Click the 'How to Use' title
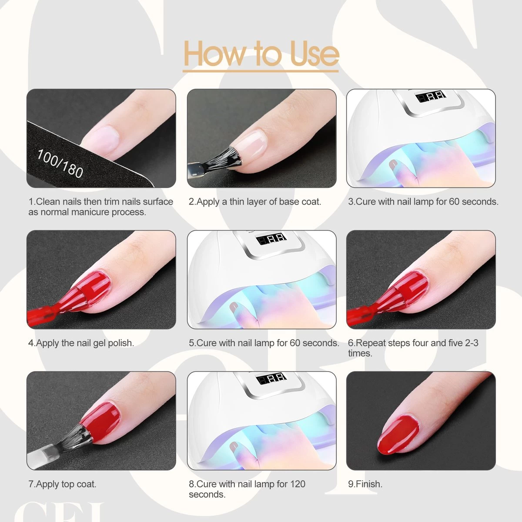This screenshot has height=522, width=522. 261,54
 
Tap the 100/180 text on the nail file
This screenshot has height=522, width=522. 60,164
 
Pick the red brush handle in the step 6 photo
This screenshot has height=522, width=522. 359,314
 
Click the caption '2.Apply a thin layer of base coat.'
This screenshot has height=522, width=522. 255,202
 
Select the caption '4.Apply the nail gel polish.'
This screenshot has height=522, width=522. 81,343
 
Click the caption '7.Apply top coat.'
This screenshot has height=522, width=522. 62,484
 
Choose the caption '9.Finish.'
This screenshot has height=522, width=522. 365,484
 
